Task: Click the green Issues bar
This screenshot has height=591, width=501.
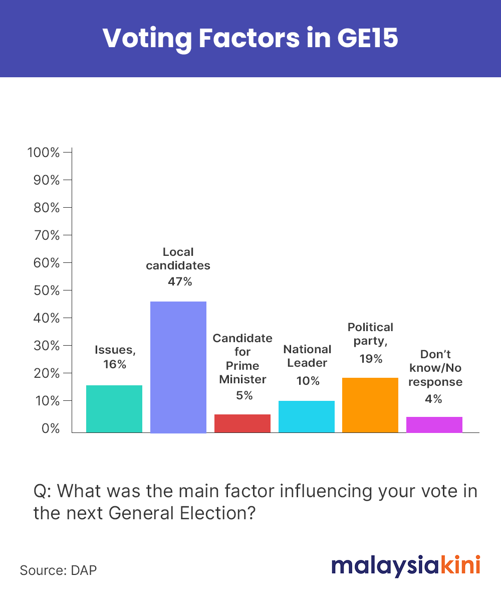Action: click(114, 408)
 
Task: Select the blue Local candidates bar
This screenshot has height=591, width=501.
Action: click(178, 367)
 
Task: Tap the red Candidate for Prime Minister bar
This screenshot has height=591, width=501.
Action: click(242, 423)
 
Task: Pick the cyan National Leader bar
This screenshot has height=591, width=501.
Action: click(307, 416)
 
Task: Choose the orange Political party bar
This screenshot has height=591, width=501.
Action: click(370, 405)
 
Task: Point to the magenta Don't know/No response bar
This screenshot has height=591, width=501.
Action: click(434, 424)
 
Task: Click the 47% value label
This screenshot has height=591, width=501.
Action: click(180, 281)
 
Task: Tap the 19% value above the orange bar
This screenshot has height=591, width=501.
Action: click(371, 358)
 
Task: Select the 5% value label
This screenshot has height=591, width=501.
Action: click(244, 395)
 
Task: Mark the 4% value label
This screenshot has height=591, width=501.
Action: click(433, 399)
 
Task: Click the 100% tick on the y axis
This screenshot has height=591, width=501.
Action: click(43, 153)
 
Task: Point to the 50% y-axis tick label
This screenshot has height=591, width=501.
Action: click(47, 290)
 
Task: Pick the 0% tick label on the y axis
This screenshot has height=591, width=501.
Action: click(51, 428)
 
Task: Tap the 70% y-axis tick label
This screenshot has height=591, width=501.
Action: click(47, 235)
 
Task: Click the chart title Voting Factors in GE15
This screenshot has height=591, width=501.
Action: click(250, 38)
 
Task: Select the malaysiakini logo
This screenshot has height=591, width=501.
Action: click(406, 566)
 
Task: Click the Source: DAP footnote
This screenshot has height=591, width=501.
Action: click(58, 570)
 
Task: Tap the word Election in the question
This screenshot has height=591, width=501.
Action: click(217, 513)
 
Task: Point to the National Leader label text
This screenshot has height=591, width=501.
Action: click(307, 356)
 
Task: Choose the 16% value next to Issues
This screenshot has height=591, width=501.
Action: click(115, 364)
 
